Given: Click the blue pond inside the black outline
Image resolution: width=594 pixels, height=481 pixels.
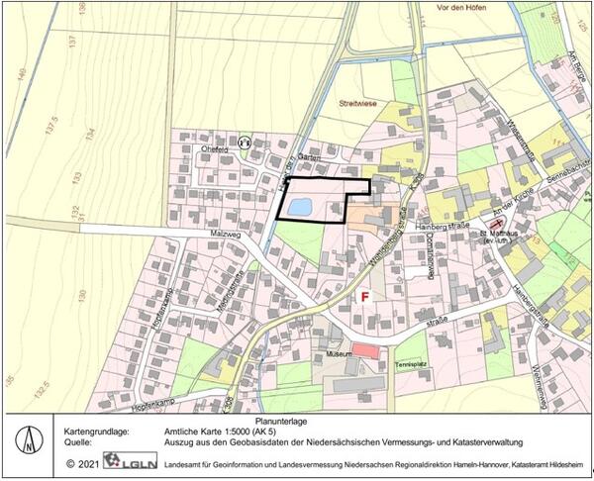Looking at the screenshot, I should pyautogui.click(x=299, y=207).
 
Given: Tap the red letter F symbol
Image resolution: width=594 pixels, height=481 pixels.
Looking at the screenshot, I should pyautogui.click(x=364, y=296).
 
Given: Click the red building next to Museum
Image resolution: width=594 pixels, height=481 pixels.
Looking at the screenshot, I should pyautogui.click(x=365, y=350).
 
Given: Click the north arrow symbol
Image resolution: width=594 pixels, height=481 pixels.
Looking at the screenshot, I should pyautogui.click(x=33, y=439).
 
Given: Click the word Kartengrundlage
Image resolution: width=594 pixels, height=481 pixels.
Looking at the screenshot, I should pyautogui.click(x=97, y=433).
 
